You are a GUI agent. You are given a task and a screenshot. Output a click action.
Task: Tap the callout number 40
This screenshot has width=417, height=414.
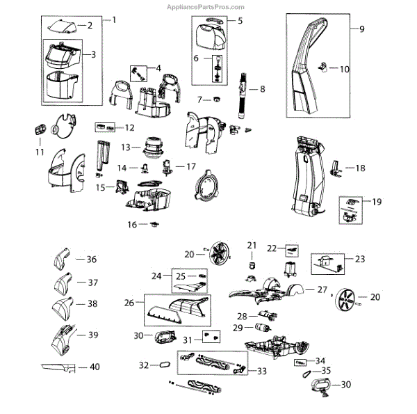tap(95, 367)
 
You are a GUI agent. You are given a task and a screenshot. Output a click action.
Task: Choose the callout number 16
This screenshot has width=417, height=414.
tap(132, 224)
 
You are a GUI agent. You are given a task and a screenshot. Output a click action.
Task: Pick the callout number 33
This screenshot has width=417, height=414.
tap(261, 372)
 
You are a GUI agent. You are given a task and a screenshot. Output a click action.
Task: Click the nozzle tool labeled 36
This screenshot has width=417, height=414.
tap(62, 260)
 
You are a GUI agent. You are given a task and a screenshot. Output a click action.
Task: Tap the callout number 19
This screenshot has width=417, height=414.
tap(377, 202)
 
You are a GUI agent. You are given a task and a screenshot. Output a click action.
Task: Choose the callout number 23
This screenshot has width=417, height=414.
tap(359, 259)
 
